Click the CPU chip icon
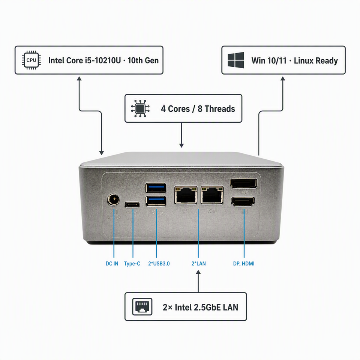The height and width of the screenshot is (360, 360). (x=31, y=60)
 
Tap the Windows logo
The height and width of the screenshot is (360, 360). (x=236, y=60)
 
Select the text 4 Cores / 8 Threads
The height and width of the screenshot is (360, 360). (x=198, y=109)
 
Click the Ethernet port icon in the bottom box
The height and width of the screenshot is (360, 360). (x=142, y=307)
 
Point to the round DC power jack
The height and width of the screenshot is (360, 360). (x=113, y=200)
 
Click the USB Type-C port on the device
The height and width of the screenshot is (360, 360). (x=132, y=205)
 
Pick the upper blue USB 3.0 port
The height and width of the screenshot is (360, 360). (x=156, y=187)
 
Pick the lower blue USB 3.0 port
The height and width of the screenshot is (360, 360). (x=156, y=201)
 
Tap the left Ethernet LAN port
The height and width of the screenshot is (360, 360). (x=186, y=195)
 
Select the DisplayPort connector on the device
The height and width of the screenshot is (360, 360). (x=244, y=183)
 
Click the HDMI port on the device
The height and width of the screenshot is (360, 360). (x=243, y=202)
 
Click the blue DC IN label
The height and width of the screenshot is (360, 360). (x=112, y=264)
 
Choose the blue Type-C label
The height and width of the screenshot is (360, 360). (x=132, y=264)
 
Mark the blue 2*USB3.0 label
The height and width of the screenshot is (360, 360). (x=159, y=264)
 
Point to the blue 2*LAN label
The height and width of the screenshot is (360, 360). (x=199, y=264)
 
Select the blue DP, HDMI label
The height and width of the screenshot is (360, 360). (x=244, y=264)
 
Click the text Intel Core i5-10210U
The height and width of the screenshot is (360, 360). (x=84, y=60)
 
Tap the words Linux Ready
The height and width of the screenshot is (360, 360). (x=316, y=61)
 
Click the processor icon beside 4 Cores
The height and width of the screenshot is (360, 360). (x=140, y=109)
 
